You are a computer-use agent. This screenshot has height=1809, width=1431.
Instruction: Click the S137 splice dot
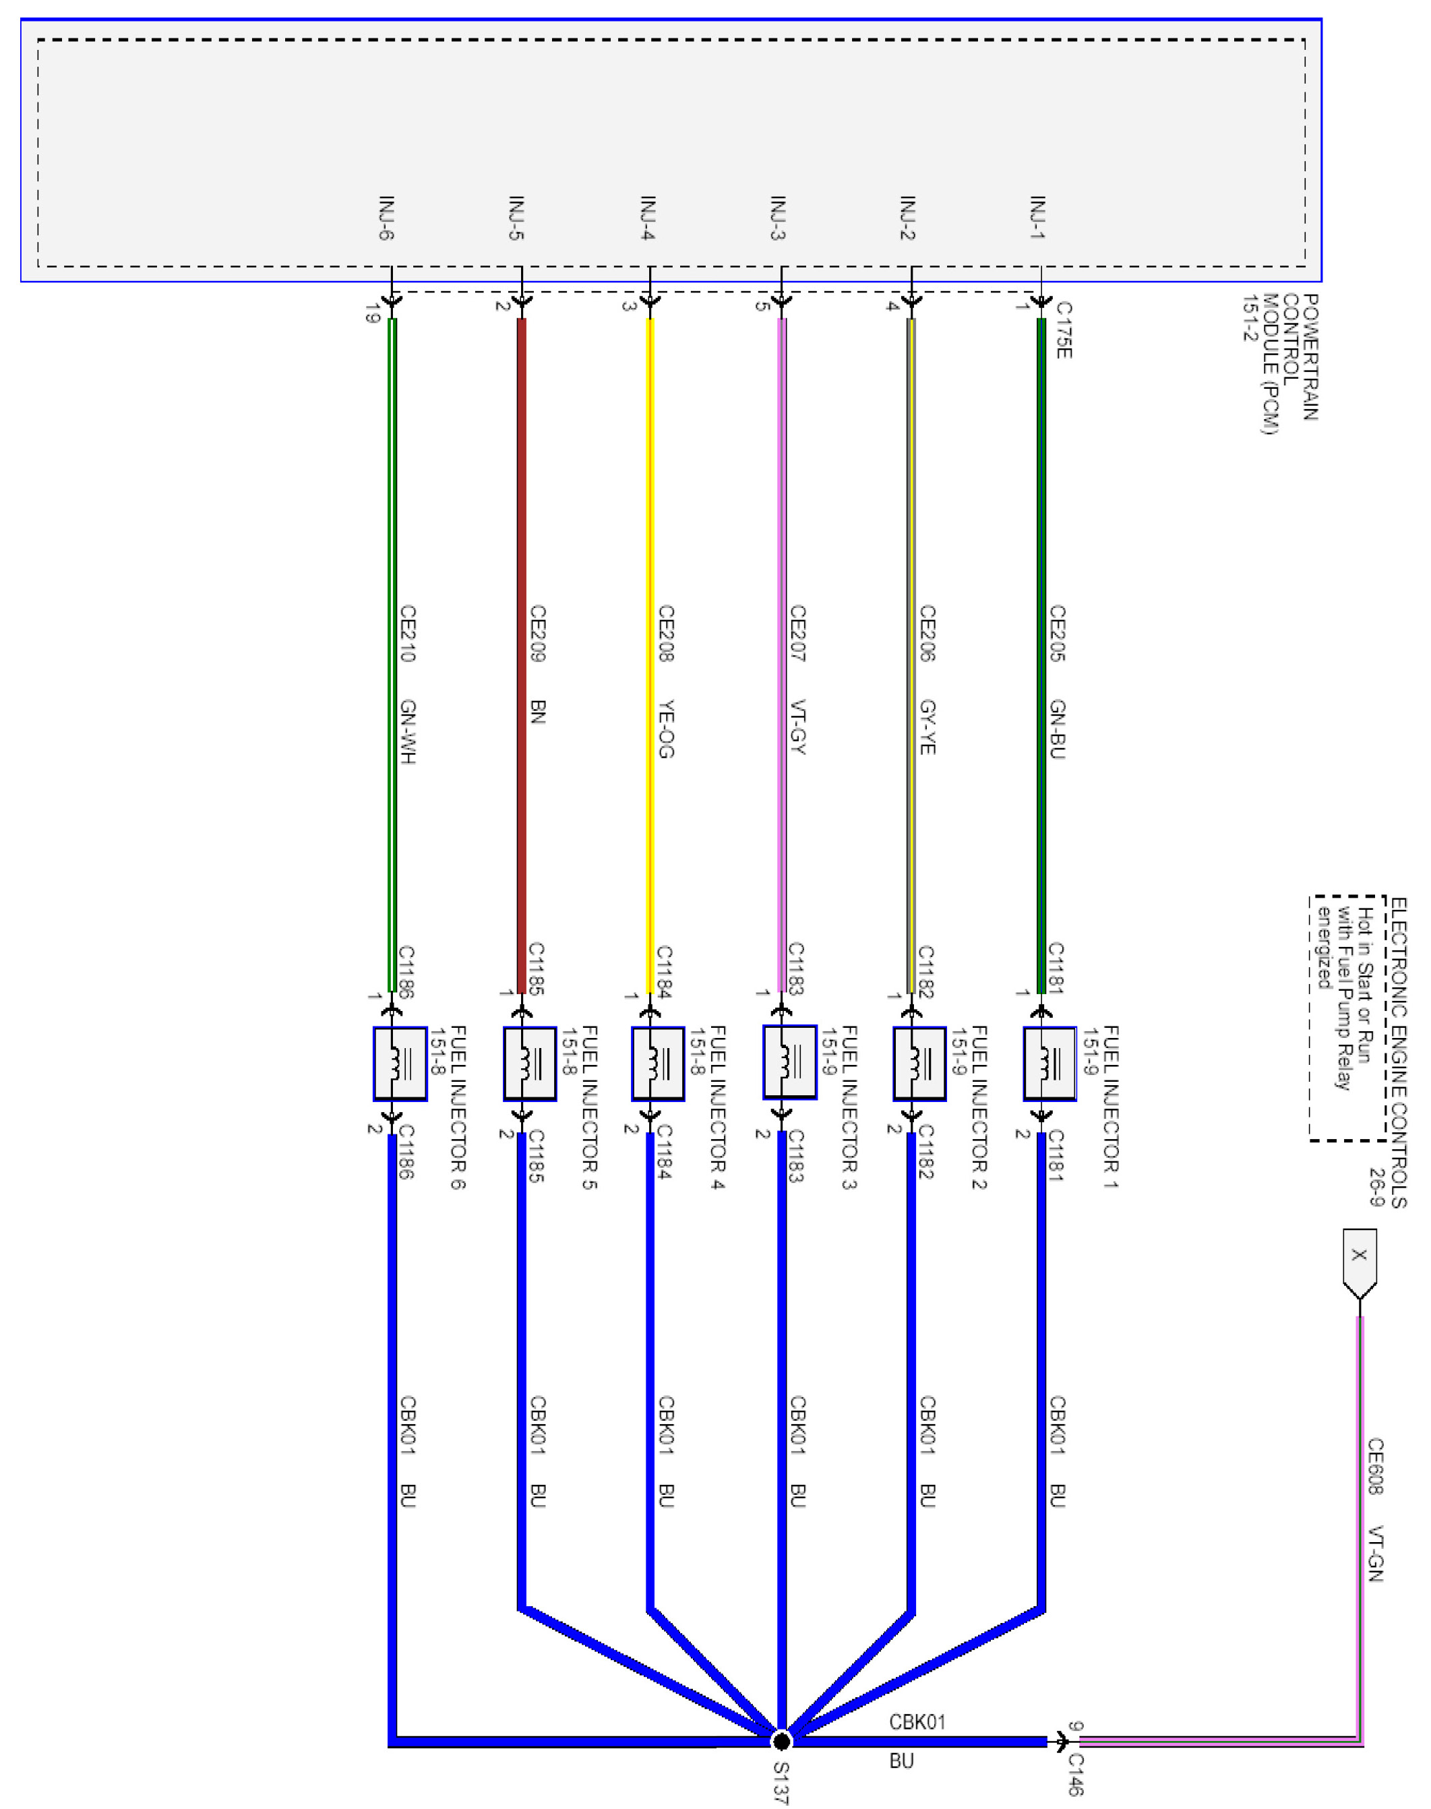(x=781, y=1741)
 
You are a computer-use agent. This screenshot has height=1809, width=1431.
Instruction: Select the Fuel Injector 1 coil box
(x=1049, y=1064)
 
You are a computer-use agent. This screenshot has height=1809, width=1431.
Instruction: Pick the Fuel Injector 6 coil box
(x=400, y=1064)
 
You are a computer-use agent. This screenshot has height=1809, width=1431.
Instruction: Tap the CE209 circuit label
(x=538, y=634)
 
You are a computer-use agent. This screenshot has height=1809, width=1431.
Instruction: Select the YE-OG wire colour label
(x=666, y=729)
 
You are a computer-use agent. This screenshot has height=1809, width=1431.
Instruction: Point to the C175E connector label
(x=1063, y=330)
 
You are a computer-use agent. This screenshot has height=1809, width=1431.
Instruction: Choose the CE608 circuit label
(x=1376, y=1467)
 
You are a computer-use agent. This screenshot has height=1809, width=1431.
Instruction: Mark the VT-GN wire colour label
(x=1376, y=1554)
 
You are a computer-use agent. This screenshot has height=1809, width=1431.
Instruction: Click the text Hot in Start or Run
(x=1363, y=985)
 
